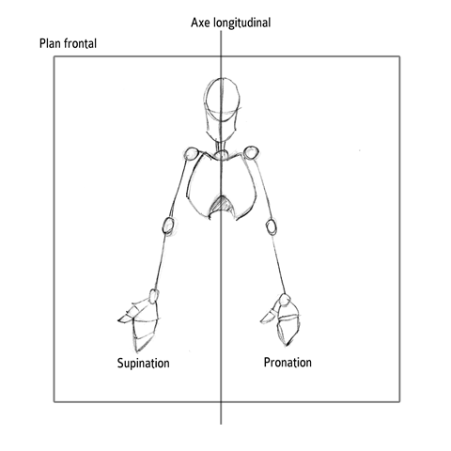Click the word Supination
click(144, 364)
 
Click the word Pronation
click(288, 363)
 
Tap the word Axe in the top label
click(201, 23)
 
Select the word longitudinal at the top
click(242, 23)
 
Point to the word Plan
click(50, 43)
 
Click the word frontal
click(80, 43)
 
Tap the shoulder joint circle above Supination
click(191, 153)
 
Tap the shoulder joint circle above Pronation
click(251, 152)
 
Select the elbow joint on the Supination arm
click(168, 225)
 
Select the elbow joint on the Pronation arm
click(272, 227)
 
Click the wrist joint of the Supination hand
click(153, 296)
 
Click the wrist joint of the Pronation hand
click(285, 301)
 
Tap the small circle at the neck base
click(221, 155)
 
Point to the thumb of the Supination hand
click(129, 315)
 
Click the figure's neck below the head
click(221, 146)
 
